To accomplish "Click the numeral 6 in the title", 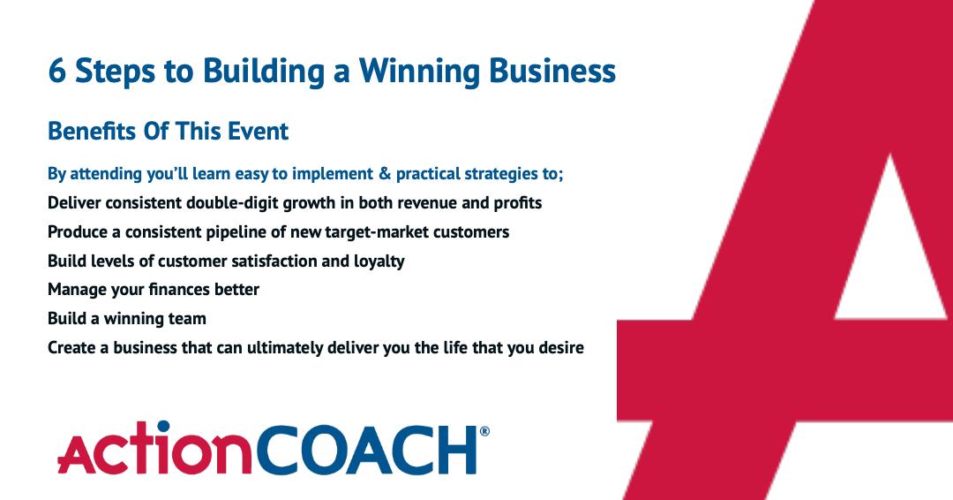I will (57, 72).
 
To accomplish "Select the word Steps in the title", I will (106, 72).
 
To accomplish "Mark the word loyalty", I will (380, 261).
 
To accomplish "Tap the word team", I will (187, 319).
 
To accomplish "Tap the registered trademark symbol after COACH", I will (484, 432).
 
